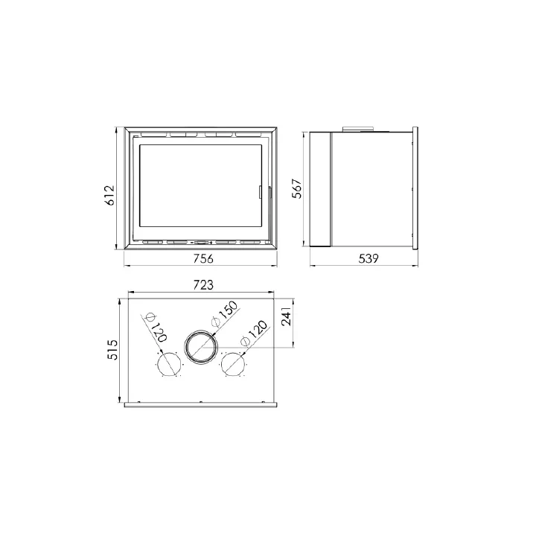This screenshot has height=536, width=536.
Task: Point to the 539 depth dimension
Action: click(368, 259)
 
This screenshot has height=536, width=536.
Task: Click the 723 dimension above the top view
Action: click(202, 285)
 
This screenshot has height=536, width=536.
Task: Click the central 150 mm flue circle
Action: click(202, 348)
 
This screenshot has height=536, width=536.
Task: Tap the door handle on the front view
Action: click(261, 191)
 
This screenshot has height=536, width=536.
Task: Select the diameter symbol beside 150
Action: click(216, 322)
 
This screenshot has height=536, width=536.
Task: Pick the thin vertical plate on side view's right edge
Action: click(415, 189)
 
